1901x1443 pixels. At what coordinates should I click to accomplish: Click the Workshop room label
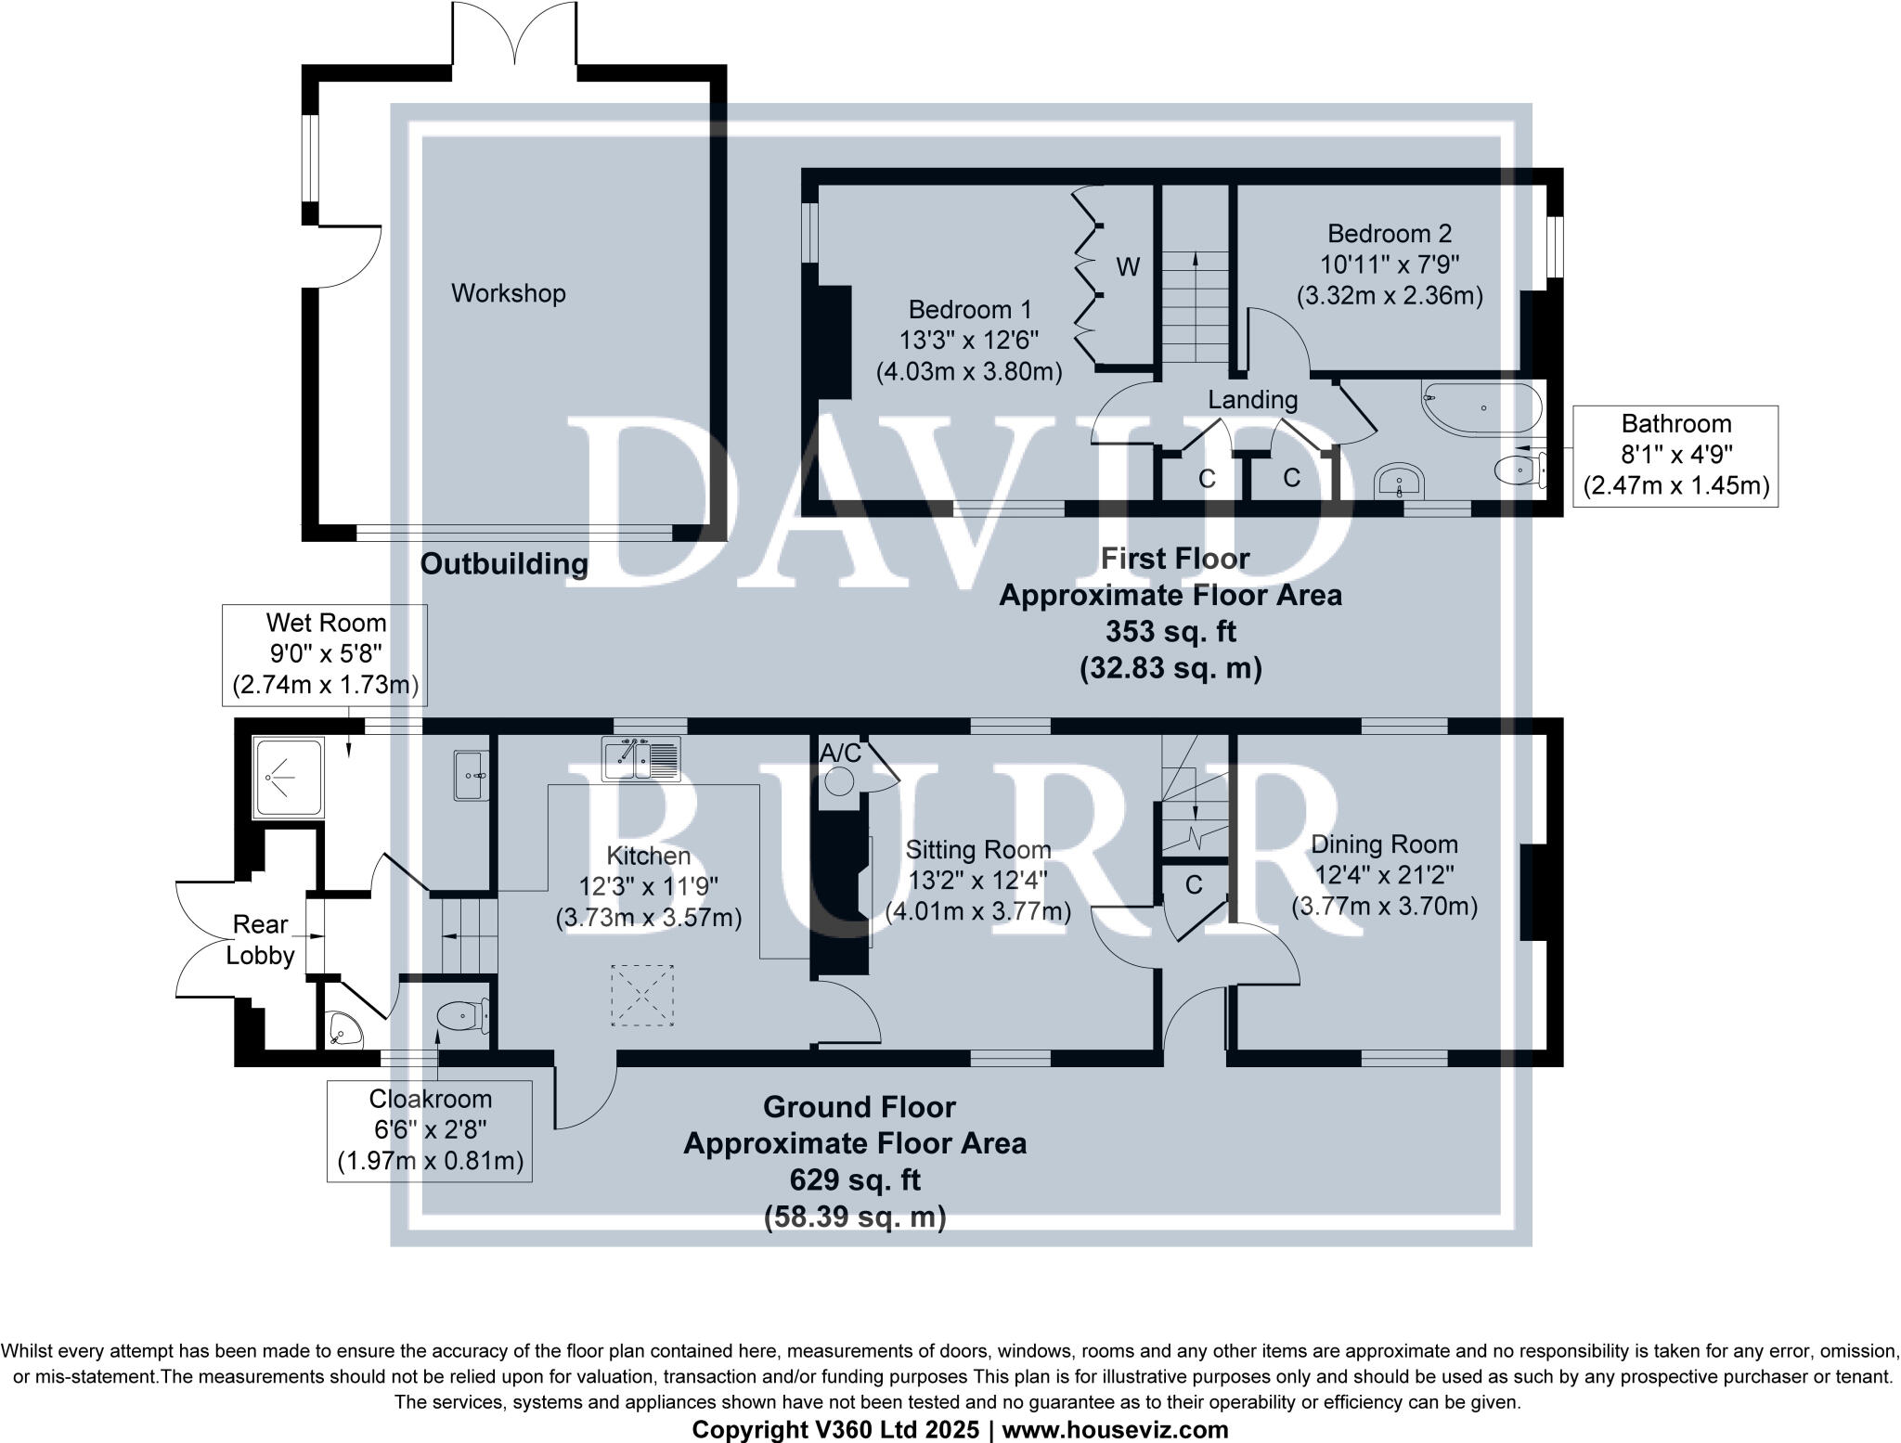[508, 293]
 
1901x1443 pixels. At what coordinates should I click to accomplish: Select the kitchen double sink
[640, 757]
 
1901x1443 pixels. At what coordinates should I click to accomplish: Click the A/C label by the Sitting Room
[840, 753]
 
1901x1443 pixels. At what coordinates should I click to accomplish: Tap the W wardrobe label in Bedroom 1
[1127, 268]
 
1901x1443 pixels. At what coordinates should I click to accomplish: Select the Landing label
[1252, 400]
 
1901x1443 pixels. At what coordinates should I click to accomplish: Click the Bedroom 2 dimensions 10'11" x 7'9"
[1389, 264]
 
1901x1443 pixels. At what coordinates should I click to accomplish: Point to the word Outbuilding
[504, 563]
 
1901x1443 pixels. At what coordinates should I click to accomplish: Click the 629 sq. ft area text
[855, 1179]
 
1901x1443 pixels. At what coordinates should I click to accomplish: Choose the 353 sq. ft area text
[1170, 632]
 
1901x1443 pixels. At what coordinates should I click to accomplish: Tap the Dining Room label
[1383, 844]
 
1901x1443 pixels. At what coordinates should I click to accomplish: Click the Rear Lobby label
[260, 939]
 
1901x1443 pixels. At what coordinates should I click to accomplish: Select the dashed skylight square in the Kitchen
[641, 995]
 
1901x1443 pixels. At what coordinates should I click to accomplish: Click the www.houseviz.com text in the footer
[1115, 1430]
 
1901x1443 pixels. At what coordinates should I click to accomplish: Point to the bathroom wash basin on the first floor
[1400, 483]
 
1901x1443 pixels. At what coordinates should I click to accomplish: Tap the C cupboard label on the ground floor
[1194, 885]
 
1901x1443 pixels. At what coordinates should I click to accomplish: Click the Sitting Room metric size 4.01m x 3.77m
[978, 911]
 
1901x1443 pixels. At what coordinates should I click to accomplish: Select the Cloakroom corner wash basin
[342, 1031]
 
